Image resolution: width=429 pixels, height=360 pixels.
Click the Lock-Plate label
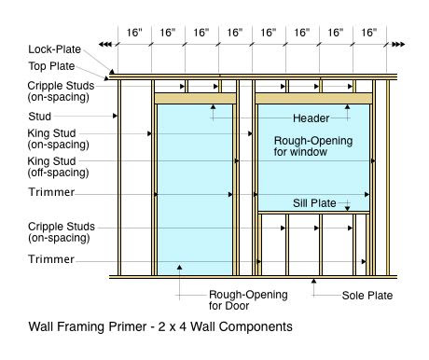pyautogui.click(x=54, y=49)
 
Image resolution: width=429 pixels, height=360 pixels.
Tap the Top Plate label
pyautogui.click(x=51, y=66)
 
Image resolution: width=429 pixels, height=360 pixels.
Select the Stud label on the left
pyautogui.click(x=39, y=117)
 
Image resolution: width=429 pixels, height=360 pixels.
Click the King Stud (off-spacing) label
pyautogui.click(x=58, y=167)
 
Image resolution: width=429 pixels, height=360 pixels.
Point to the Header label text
pyautogui.click(x=311, y=118)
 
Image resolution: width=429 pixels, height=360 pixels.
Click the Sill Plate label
pyautogui.click(x=314, y=203)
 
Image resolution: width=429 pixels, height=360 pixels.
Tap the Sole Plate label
pyautogui.click(x=367, y=296)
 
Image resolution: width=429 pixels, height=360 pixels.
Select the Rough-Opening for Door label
pyautogui.click(x=248, y=300)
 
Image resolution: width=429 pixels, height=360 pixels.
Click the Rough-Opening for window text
pyautogui.click(x=313, y=146)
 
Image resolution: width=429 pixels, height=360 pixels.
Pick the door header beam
pyautogui.click(x=195, y=98)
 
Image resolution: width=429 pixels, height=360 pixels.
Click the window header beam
pyautogui.click(x=313, y=98)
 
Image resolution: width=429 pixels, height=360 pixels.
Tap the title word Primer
pyautogui.click(x=128, y=326)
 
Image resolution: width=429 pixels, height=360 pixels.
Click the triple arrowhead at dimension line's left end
pyautogui.click(x=104, y=45)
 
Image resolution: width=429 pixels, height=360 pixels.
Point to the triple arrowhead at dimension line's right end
pyautogui.click(x=398, y=45)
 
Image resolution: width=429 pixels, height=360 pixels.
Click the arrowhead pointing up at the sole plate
pyautogui.click(x=313, y=281)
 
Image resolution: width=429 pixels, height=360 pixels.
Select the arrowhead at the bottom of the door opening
pyautogui.click(x=179, y=267)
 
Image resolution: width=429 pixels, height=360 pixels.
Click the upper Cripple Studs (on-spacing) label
pyautogui.click(x=61, y=91)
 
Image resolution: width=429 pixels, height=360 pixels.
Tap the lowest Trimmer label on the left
pyautogui.click(x=51, y=259)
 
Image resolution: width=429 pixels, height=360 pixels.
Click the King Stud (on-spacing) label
pyautogui.click(x=58, y=139)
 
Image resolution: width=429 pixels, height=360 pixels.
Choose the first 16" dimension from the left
pyautogui.click(x=134, y=33)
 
